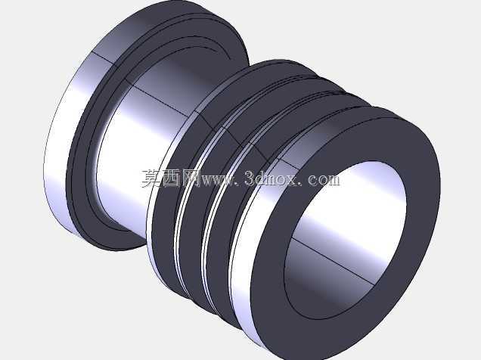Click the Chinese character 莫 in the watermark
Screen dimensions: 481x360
click(x=151, y=178)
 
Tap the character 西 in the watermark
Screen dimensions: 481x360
click(x=171, y=178)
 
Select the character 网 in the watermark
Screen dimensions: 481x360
click(x=190, y=178)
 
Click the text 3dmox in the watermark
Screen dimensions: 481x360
click(x=271, y=178)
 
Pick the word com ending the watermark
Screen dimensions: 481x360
click(x=324, y=180)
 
